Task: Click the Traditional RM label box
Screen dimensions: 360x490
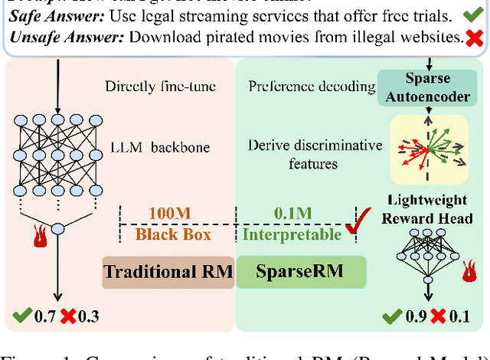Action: tap(168, 272)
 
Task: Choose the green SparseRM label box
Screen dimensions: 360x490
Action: tap(301, 272)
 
